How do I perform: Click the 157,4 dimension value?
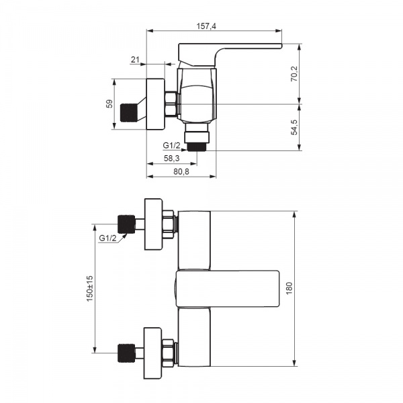pyautogui.click(x=206, y=26)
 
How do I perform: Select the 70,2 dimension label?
pyautogui.click(x=294, y=74)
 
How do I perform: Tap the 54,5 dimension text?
pyautogui.click(x=294, y=127)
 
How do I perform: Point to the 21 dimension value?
pyautogui.click(x=135, y=60)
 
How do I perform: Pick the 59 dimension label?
pyautogui.click(x=109, y=104)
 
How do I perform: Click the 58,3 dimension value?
pyautogui.click(x=172, y=159)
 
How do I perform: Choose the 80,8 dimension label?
pyautogui.click(x=181, y=171)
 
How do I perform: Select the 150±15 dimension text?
pyautogui.click(x=90, y=289)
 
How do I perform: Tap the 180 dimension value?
pyautogui.click(x=289, y=288)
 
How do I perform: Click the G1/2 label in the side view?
pyautogui.click(x=171, y=146)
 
